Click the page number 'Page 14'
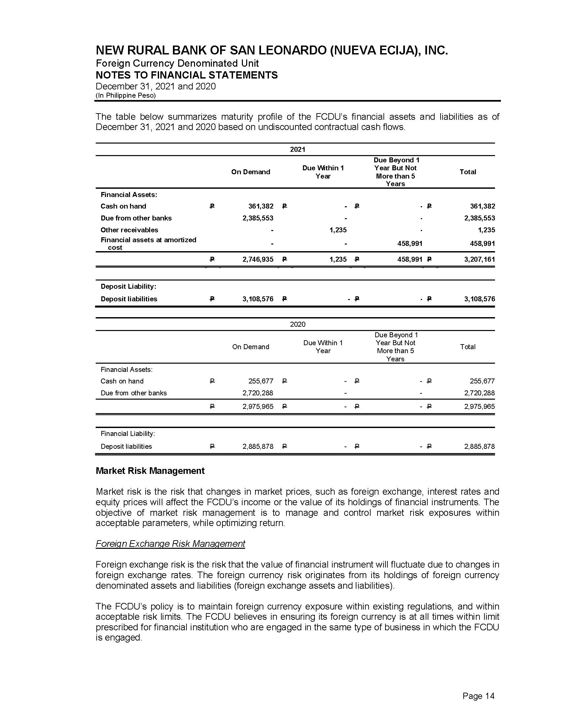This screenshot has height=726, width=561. pyautogui.click(x=478, y=696)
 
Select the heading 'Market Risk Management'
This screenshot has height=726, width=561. pyautogui.click(x=150, y=471)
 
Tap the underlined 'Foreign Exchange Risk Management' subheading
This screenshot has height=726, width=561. pyautogui.click(x=170, y=544)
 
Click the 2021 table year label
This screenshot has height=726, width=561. pyautogui.click(x=297, y=149)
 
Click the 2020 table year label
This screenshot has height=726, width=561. pyautogui.click(x=297, y=324)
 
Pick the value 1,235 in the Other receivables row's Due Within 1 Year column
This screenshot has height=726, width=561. pyautogui.click(x=338, y=230)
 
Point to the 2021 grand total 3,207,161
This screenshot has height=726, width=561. pyautogui.click(x=479, y=259)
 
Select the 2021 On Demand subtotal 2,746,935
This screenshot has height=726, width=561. pyautogui.click(x=258, y=259)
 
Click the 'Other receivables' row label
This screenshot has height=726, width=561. pyautogui.click(x=129, y=230)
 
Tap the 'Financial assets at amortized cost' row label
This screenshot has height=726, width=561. pyautogui.click(x=148, y=243)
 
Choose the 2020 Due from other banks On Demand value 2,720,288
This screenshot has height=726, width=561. pyautogui.click(x=258, y=393)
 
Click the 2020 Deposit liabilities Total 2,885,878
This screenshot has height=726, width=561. pyautogui.click(x=479, y=446)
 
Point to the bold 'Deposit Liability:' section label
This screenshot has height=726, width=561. pyautogui.click(x=128, y=286)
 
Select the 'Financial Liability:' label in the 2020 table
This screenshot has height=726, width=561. pyautogui.click(x=128, y=434)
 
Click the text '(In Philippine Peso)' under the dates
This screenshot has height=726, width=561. pyautogui.click(x=126, y=95)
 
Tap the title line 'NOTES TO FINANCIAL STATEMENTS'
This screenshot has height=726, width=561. pyautogui.click(x=186, y=75)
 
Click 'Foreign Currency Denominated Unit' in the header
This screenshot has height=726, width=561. pyautogui.click(x=177, y=63)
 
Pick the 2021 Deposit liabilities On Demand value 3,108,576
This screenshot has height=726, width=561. pyautogui.click(x=258, y=299)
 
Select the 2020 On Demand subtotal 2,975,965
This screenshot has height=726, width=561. pyautogui.click(x=258, y=406)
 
